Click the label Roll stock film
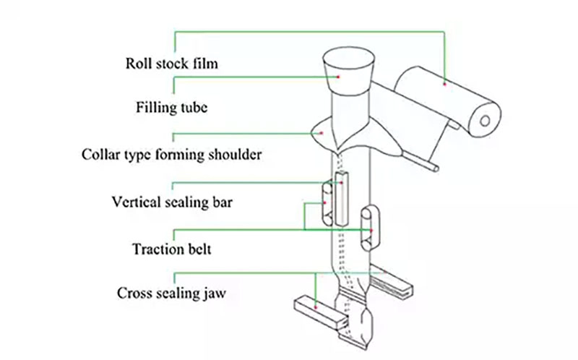coord(172,64)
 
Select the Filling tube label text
coord(172,108)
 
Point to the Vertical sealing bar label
coord(172,201)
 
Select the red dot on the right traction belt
coord(371,231)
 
